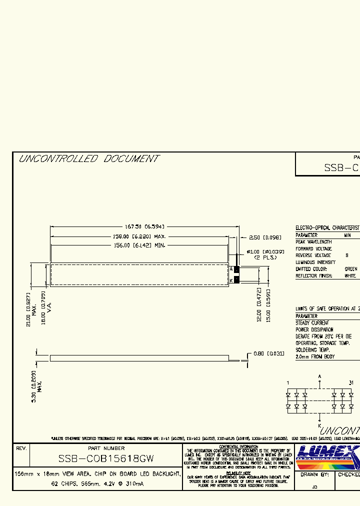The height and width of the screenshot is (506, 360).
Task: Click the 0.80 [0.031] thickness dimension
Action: (x=268, y=354)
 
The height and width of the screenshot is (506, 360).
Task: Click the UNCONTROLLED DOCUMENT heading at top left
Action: (x=88, y=159)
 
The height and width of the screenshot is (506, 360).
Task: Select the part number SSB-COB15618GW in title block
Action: (x=106, y=458)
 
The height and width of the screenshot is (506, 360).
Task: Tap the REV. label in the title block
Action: (x=21, y=448)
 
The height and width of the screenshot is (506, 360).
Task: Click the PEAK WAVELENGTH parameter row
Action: (x=313, y=242)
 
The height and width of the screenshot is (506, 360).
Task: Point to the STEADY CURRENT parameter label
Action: (x=312, y=323)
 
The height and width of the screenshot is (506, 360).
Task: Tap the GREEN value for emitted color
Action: (x=351, y=269)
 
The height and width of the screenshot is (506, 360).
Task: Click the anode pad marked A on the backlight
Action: (x=237, y=269)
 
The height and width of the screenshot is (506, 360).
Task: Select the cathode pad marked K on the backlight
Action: (x=237, y=280)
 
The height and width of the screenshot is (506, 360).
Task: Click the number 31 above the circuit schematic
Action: (x=351, y=383)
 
